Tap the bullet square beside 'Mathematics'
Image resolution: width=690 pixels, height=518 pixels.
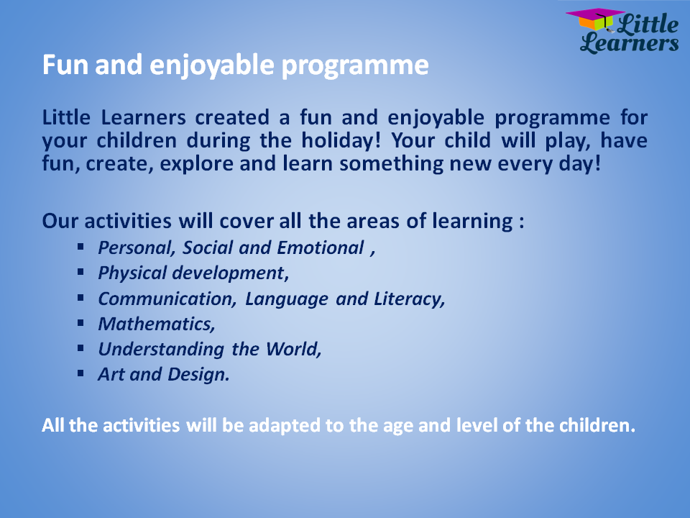tap(80, 323)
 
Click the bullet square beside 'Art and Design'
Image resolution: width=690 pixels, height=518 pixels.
tap(80, 373)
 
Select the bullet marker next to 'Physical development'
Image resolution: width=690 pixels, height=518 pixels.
tap(80, 272)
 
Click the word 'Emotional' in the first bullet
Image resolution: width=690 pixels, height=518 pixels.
tap(321, 248)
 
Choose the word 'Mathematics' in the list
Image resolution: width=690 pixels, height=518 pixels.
tap(155, 324)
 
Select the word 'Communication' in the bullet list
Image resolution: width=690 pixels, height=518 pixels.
tap(165, 299)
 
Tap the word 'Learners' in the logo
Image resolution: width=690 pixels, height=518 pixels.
tap(630, 42)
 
